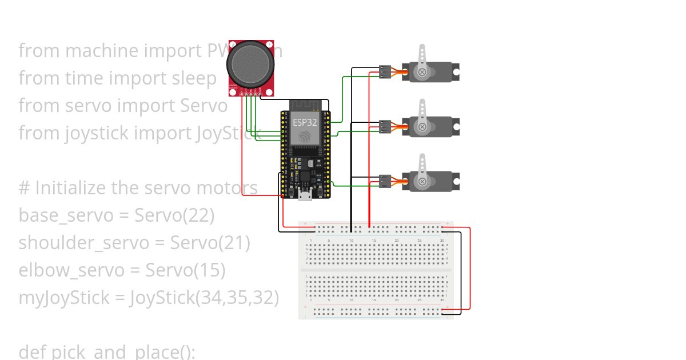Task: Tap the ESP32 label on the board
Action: point(305,122)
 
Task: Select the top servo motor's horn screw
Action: point(422,72)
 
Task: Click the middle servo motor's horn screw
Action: point(422,126)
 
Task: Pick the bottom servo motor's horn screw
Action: point(422,182)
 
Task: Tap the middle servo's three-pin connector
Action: point(385,126)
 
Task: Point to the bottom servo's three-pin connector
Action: point(385,182)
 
